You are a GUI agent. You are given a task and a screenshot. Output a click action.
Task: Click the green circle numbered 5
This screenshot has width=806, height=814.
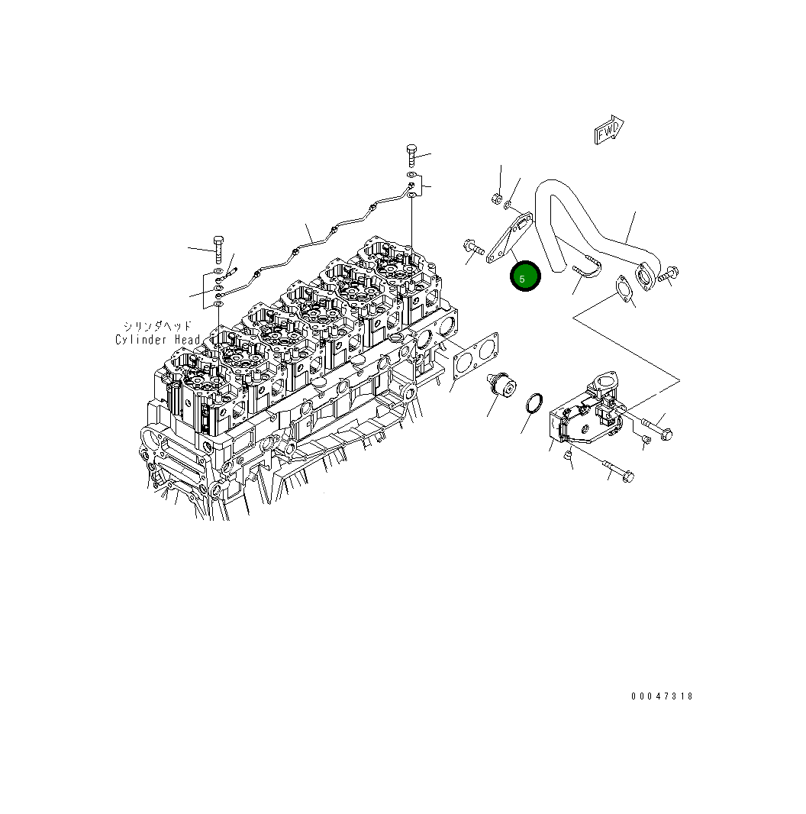pyautogui.click(x=525, y=276)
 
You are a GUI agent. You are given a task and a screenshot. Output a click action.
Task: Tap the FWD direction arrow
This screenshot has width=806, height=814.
pyautogui.click(x=609, y=130)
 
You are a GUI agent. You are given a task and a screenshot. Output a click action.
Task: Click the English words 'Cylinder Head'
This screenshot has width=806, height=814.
pyautogui.click(x=158, y=340)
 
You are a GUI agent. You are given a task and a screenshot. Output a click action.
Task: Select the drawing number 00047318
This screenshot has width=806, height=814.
pyautogui.click(x=662, y=696)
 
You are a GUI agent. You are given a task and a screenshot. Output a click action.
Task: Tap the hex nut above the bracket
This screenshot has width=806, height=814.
pyautogui.click(x=496, y=198)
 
